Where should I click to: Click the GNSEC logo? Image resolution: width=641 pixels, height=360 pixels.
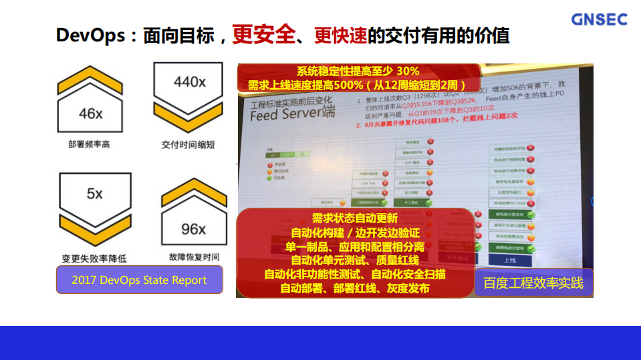point(599,19)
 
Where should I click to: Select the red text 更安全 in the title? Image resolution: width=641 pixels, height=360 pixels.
point(263,35)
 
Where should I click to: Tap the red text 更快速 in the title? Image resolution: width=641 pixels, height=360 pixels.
point(340,35)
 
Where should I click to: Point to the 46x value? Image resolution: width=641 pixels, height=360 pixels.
point(90,114)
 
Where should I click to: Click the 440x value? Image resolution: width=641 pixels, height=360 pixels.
point(189,81)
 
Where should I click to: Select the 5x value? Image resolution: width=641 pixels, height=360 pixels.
point(95,194)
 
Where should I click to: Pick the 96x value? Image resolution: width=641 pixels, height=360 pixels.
point(193,229)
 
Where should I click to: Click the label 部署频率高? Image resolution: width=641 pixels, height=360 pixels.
point(89,144)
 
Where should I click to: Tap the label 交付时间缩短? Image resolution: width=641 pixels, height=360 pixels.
point(188,144)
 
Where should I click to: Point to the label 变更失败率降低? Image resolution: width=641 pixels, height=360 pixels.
point(94,258)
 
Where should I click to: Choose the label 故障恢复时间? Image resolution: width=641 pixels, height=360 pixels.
point(194,257)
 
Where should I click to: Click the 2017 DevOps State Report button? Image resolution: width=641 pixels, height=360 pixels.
point(139,281)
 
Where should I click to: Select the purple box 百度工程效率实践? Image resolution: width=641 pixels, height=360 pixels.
point(533,283)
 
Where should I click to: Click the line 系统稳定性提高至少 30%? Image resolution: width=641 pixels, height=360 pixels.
point(358,71)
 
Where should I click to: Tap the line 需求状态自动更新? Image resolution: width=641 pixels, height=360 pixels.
point(355,218)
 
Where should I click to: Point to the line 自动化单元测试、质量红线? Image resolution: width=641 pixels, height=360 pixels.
point(355,260)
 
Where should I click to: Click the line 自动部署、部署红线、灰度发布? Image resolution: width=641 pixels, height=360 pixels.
point(355,288)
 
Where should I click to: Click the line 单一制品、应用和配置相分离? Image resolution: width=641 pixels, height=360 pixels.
point(355,246)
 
